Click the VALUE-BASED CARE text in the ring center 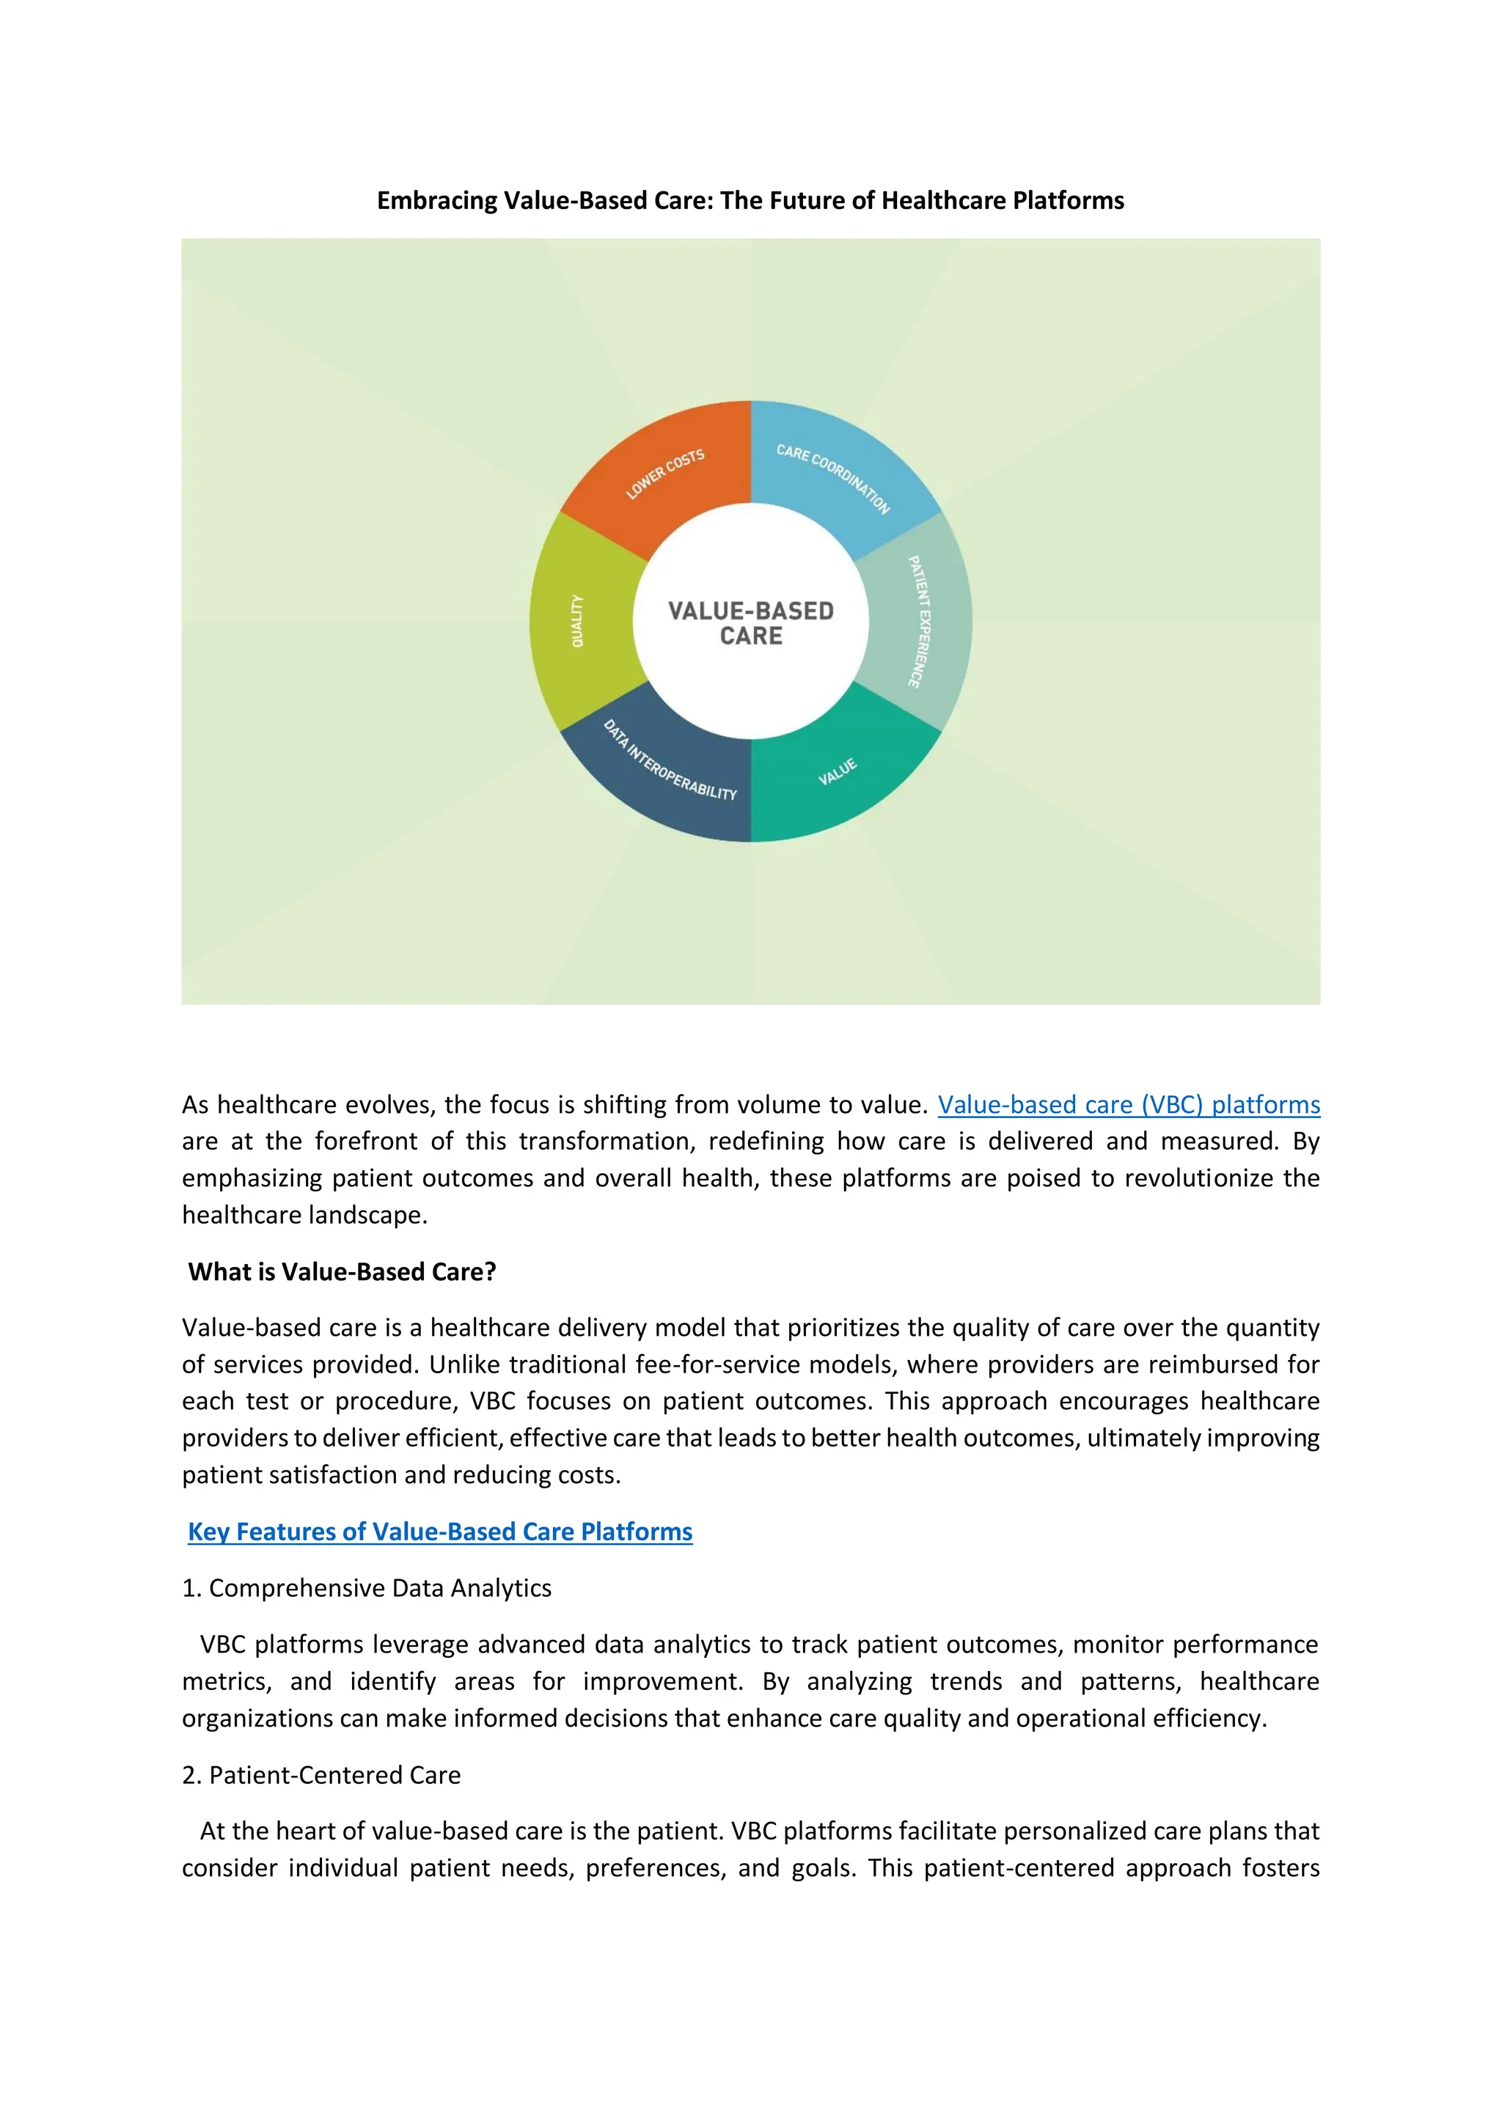coord(750,622)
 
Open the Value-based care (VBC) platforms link coord(1128,1105)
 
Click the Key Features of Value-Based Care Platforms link coord(439,1531)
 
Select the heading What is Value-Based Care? coord(342,1271)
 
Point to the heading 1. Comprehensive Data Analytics coord(367,1587)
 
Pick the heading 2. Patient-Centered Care coord(321,1774)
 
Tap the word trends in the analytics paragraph coord(966,1681)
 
